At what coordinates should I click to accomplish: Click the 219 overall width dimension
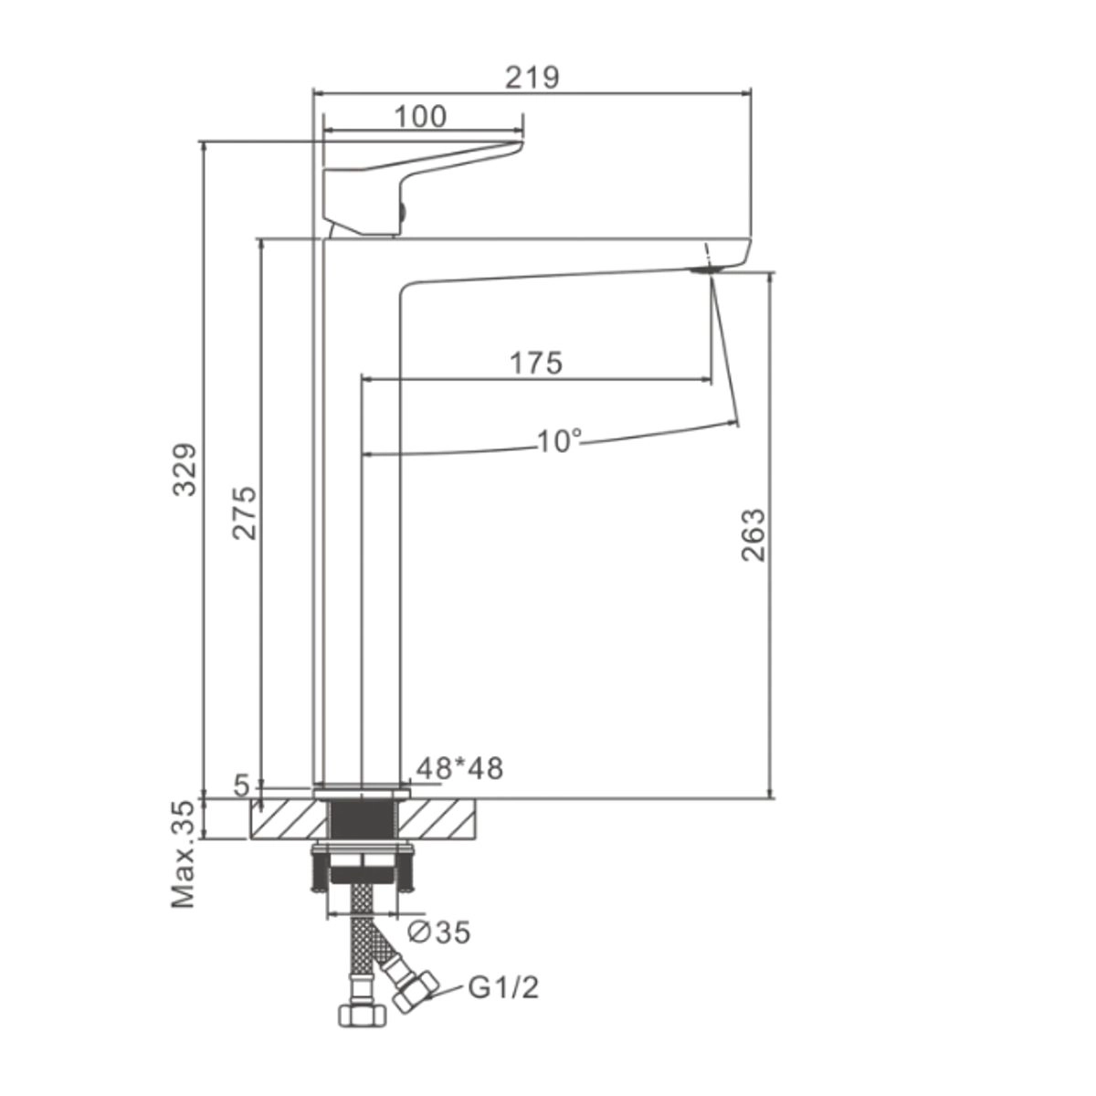click(532, 78)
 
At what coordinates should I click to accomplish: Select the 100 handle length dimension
click(421, 117)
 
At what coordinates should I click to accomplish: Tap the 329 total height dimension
click(184, 469)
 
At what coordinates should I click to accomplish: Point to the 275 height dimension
click(245, 512)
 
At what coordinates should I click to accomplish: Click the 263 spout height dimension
click(753, 535)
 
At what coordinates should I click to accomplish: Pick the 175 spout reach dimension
click(536, 363)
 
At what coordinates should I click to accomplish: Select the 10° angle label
click(560, 441)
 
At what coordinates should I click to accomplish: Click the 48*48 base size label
click(459, 768)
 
